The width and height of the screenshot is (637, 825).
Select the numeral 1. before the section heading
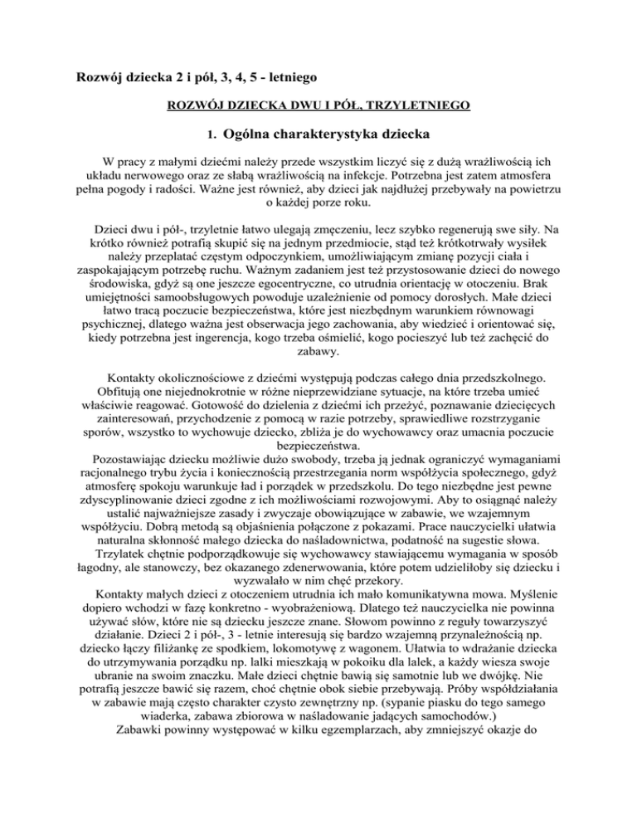(x=212, y=132)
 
